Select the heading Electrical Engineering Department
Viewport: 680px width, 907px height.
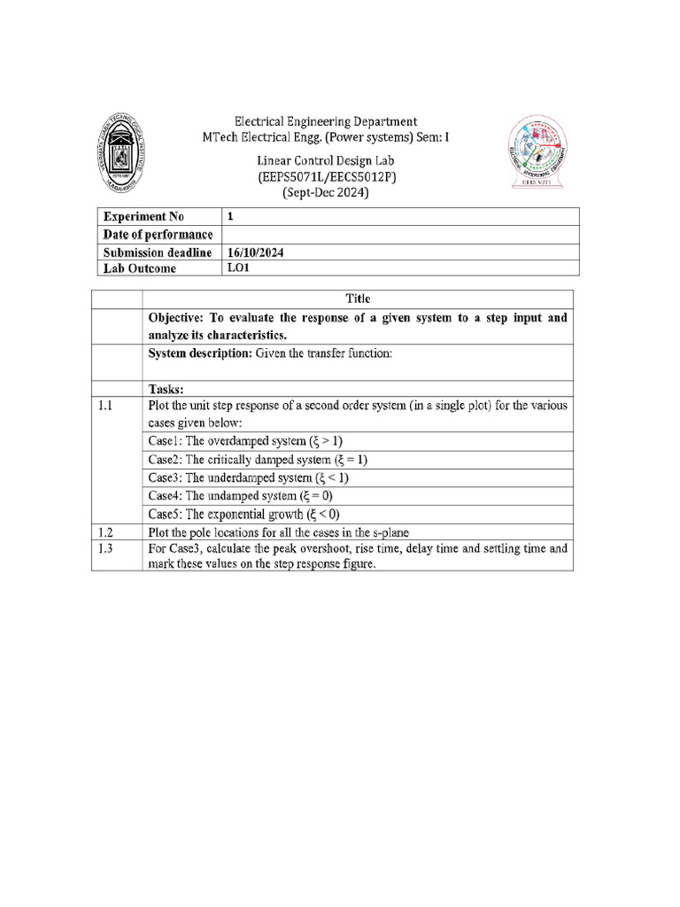[x=325, y=121]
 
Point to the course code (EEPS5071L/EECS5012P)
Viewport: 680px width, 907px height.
[x=326, y=177]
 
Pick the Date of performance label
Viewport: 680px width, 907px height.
[x=158, y=235]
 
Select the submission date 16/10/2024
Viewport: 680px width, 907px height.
[x=256, y=252]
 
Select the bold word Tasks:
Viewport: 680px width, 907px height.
[x=166, y=389]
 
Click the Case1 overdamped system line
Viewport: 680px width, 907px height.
[x=244, y=440]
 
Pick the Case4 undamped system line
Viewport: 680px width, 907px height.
[x=240, y=496]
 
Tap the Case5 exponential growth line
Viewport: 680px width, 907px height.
[x=243, y=515]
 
